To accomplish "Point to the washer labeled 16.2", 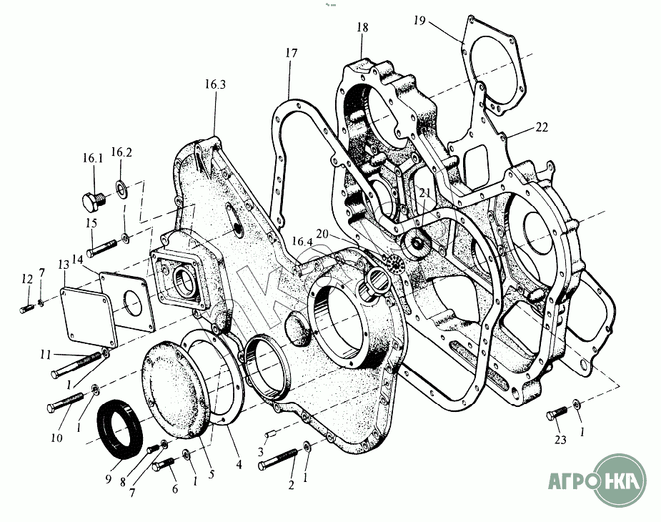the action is pyautogui.click(x=121, y=187).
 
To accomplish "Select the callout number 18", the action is pyautogui.click(x=362, y=28).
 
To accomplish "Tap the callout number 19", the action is pyautogui.click(x=419, y=21).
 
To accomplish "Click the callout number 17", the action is pyautogui.click(x=290, y=53).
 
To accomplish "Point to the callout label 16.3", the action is pyautogui.click(x=214, y=84).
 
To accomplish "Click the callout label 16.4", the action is pyautogui.click(x=302, y=242).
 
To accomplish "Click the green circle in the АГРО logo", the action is pyautogui.click(x=622, y=478).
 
